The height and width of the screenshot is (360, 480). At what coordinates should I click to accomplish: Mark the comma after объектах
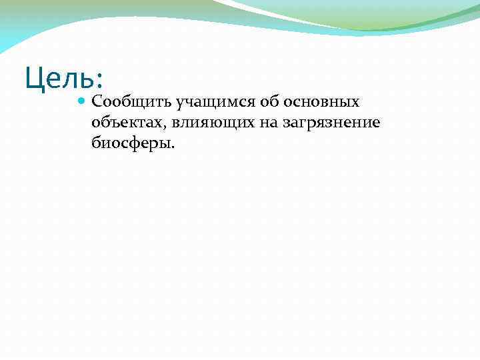(x=156, y=127)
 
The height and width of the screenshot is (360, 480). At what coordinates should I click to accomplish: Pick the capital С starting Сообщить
(x=97, y=102)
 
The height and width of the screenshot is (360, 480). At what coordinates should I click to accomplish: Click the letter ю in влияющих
(x=201, y=123)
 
